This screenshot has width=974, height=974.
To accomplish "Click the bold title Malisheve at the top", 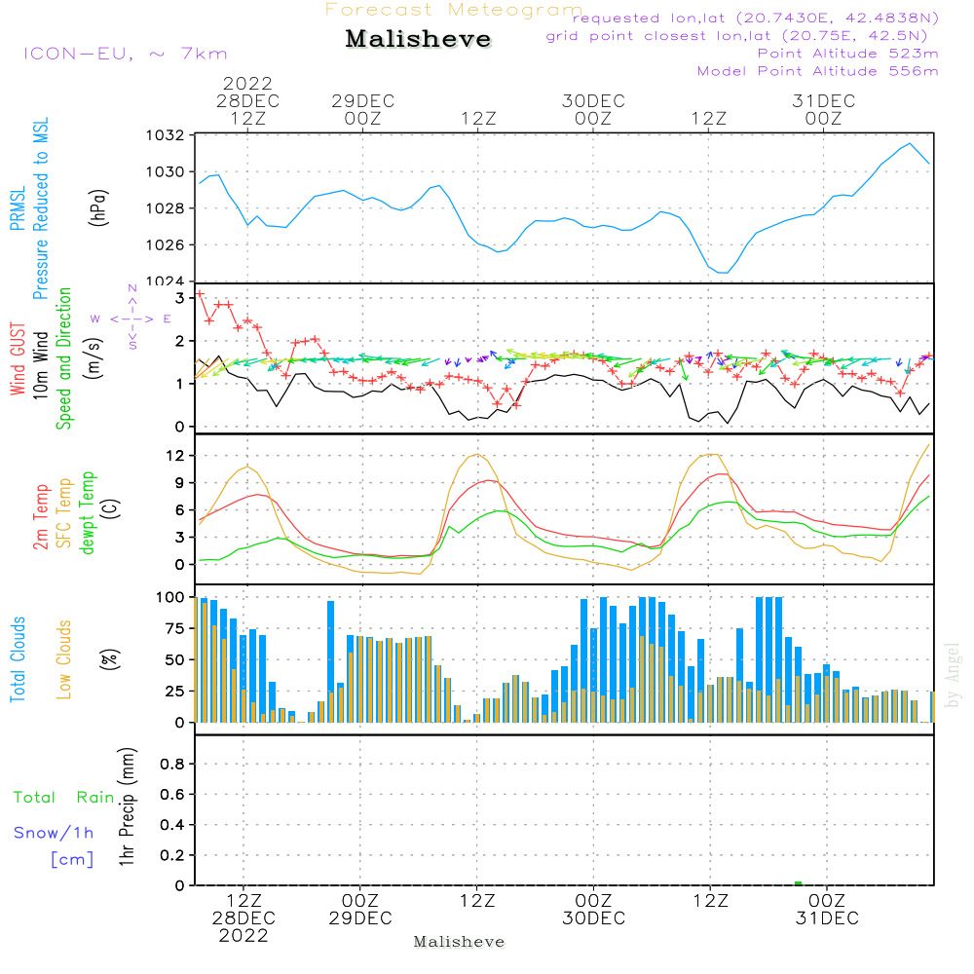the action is pos(418,39).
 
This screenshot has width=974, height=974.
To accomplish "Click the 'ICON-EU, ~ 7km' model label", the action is pos(126,54).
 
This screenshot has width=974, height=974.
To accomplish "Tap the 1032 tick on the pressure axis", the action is pos(166,135).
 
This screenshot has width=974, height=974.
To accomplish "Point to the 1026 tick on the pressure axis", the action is pos(166,245).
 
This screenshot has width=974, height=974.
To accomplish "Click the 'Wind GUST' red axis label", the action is pos(18,359).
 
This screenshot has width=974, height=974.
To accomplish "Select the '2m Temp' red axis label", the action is pos(41,517).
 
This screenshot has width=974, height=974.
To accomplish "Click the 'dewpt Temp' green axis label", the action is pos(87,512).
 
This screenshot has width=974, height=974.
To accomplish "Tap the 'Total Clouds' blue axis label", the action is pos(18,659).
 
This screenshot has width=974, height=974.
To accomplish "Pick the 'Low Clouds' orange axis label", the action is pos(64,659).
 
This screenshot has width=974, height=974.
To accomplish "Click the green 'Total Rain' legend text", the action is pos(64,798).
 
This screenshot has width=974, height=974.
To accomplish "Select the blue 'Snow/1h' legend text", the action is pos(54,833).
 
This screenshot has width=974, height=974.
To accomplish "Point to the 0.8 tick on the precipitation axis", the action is pos(172,764).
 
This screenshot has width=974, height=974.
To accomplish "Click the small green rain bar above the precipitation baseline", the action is pos(799,883).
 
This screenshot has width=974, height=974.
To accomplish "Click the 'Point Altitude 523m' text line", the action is pos(848,54).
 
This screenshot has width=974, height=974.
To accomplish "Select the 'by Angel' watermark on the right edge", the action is pos(953,675).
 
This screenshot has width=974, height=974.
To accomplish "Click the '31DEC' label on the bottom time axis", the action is pos(827,918).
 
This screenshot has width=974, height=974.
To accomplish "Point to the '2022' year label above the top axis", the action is pos(247,83).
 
